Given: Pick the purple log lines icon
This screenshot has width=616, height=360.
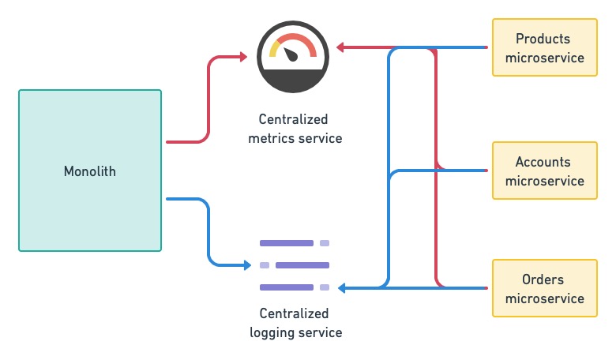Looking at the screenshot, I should (x=295, y=264).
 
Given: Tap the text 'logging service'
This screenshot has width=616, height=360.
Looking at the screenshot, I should (x=295, y=332).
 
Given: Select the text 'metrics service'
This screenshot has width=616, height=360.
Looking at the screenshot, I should (x=295, y=138).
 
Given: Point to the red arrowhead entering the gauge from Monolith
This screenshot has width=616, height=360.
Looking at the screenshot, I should (x=243, y=57).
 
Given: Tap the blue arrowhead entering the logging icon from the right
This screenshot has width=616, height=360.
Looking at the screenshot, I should (x=352, y=288).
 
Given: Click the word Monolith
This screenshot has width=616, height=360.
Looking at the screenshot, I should (x=89, y=171).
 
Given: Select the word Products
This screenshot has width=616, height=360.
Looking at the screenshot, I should (x=543, y=39).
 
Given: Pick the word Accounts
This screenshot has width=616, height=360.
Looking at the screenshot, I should (x=543, y=162).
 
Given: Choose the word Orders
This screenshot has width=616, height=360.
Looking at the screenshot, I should (x=543, y=279).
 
